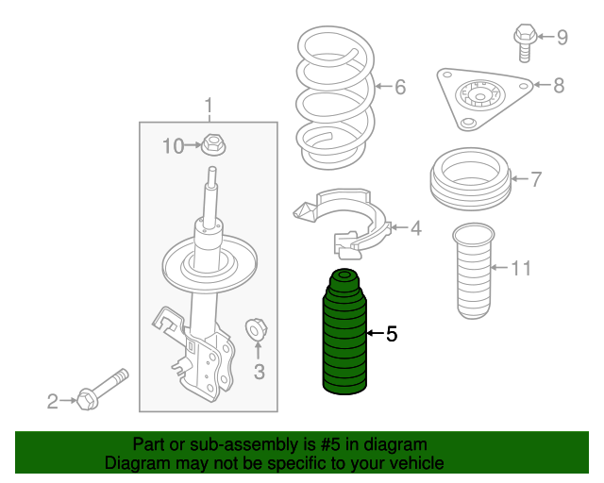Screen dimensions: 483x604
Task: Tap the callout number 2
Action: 53,402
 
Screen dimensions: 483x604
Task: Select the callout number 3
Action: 259,371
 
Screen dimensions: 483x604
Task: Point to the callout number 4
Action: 415,227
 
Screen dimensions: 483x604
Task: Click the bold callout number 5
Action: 392,333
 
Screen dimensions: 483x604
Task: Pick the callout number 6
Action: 399,88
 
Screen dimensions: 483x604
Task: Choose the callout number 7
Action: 535,177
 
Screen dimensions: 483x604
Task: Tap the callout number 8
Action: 559,86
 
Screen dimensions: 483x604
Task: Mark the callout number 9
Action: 562,38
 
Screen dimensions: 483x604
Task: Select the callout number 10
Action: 173,145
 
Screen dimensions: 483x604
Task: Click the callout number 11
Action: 521,268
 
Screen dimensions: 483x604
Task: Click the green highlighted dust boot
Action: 345,335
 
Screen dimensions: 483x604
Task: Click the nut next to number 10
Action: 214,145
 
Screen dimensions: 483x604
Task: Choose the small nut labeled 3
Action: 256,329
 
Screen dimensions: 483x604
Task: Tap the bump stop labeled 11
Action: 474,272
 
